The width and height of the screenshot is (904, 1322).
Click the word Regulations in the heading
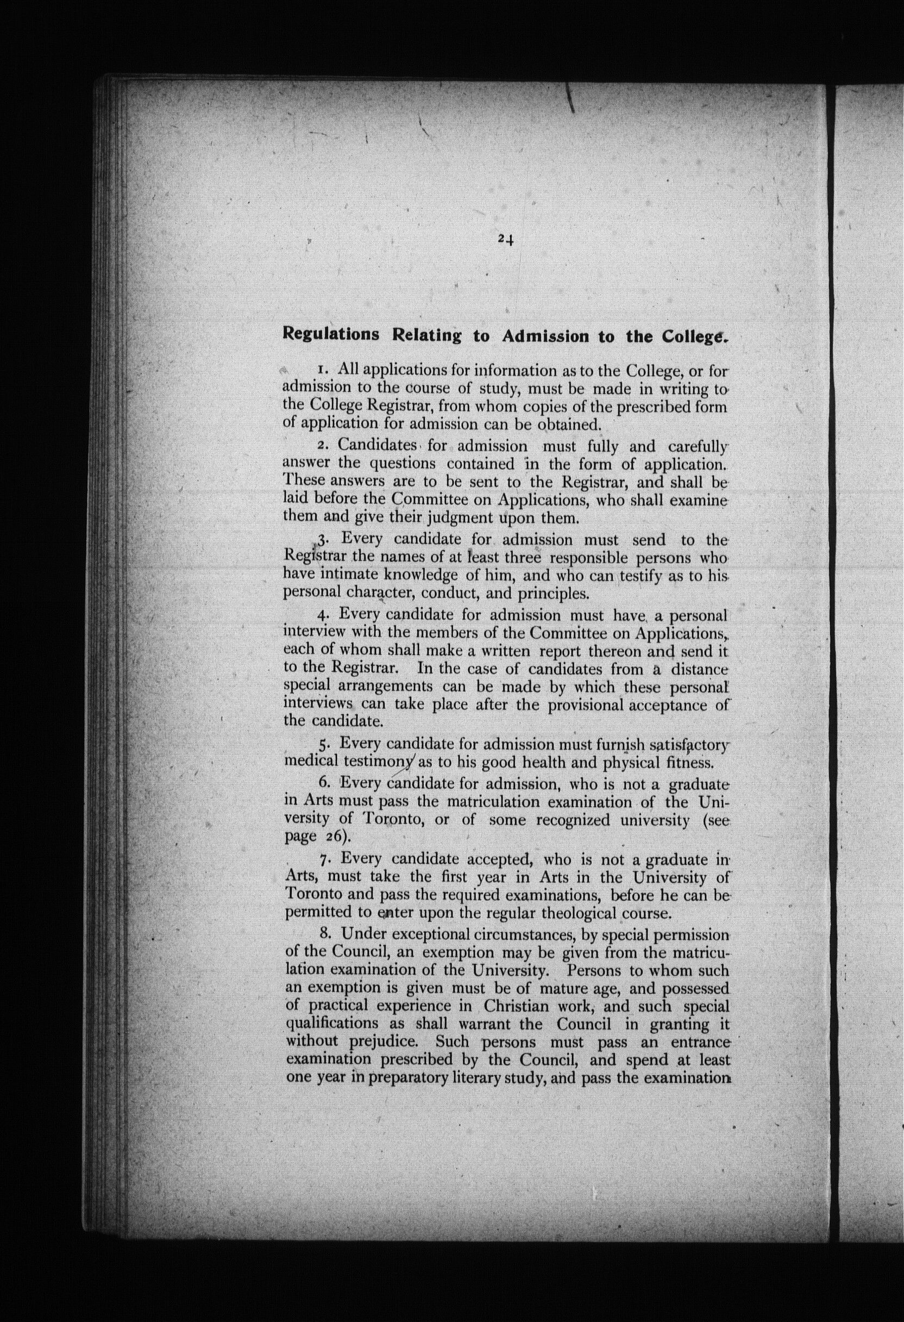(x=331, y=334)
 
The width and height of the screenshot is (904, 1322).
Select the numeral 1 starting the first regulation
(x=321, y=370)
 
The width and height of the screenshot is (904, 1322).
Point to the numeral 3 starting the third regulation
(x=322, y=539)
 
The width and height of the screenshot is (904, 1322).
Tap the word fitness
(x=690, y=762)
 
